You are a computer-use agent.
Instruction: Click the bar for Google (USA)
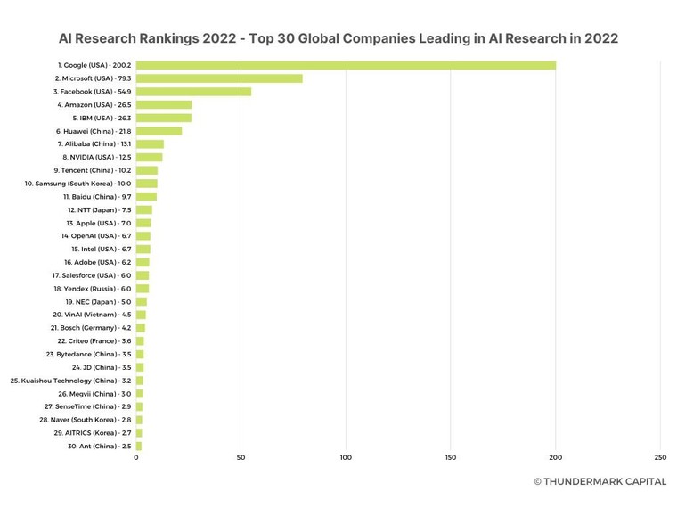346,65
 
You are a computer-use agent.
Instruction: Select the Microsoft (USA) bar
219,78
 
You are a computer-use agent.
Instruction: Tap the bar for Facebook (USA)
193,92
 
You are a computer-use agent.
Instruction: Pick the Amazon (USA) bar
164,105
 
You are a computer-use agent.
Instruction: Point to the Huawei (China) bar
159,131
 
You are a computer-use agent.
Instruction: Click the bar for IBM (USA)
164,118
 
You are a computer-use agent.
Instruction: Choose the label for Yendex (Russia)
92,289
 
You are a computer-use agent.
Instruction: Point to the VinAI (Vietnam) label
92,315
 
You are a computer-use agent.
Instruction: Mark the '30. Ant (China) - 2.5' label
99,446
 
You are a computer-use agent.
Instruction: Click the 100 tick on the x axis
346,457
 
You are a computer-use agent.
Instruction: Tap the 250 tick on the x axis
660,457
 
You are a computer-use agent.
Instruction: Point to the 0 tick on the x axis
136,457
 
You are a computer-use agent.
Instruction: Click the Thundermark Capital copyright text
600,481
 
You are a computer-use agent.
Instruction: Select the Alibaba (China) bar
150,144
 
